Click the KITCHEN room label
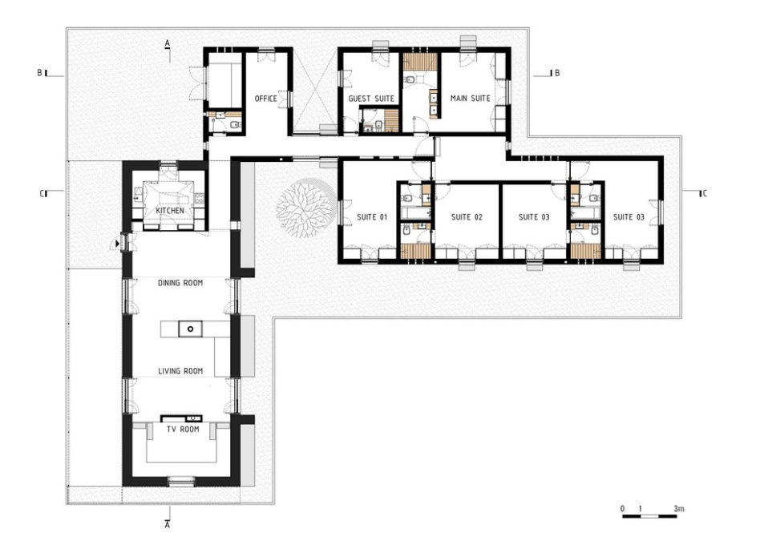(x=170, y=211)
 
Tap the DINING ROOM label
(x=180, y=283)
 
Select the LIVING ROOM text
(x=180, y=371)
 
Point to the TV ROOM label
(x=183, y=430)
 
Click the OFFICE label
(x=266, y=99)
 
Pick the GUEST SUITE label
(x=371, y=99)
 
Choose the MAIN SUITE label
(x=470, y=99)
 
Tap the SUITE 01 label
(x=372, y=217)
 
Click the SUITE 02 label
(x=467, y=217)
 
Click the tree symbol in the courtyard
(x=305, y=207)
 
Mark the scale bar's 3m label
(x=679, y=509)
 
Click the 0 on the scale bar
(x=622, y=509)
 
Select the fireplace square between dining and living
(x=191, y=329)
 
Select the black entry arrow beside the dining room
(x=117, y=244)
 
